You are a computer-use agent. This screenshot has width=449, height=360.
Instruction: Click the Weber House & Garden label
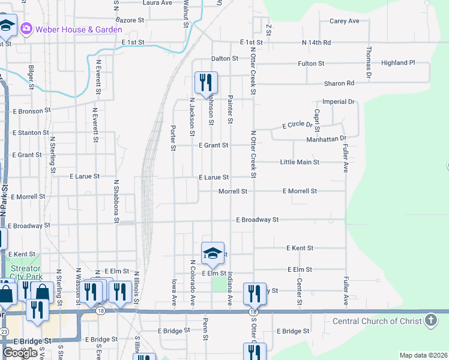(74, 28)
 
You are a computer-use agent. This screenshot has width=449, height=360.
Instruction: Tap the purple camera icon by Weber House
(26, 28)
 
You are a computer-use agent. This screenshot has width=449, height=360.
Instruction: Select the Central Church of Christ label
(377, 321)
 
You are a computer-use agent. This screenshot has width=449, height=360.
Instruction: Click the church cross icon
(430, 320)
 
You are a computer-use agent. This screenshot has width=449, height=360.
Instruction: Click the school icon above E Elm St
(212, 253)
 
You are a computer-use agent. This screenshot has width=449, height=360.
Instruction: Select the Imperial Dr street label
(339, 102)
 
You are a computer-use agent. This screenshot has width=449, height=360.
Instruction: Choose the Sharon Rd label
(339, 83)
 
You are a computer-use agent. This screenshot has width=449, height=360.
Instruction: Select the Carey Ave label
(344, 21)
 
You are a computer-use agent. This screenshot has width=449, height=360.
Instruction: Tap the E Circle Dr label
(298, 125)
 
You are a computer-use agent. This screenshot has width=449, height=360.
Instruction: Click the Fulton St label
(311, 63)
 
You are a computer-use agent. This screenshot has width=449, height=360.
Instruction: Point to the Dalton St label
(224, 59)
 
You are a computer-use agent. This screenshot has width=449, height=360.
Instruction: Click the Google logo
(20, 353)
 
